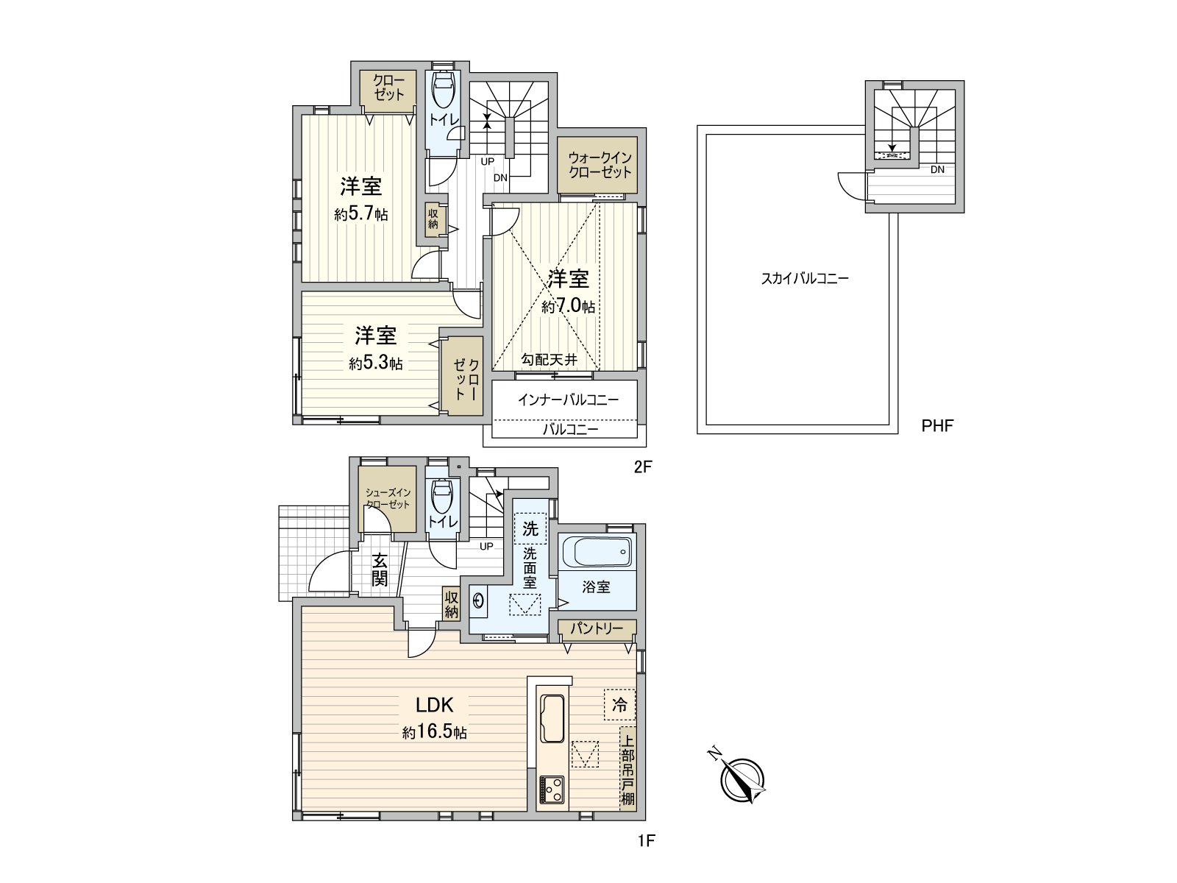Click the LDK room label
tap(434, 705)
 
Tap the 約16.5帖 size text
tap(434, 733)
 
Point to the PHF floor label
tap(937, 425)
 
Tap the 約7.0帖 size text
tap(569, 307)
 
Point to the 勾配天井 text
tap(550, 360)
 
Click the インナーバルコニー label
tap(568, 400)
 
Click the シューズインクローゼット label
tap(388, 499)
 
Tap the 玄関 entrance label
tap(379, 568)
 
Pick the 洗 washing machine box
tap(530, 528)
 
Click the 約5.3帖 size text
tap(376, 364)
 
